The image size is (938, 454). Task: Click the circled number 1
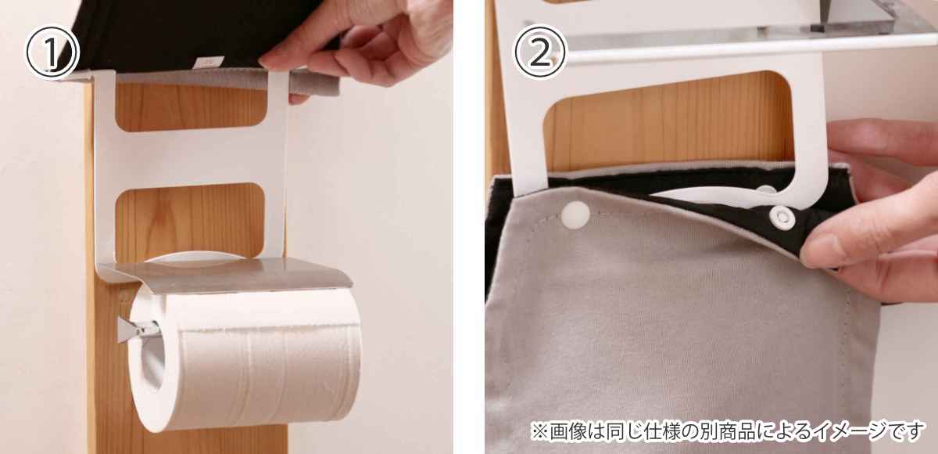(x=52, y=52)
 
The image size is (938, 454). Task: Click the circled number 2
(x=540, y=52)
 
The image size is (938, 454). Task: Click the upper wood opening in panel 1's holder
(x=191, y=107)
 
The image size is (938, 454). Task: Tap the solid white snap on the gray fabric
(x=576, y=215)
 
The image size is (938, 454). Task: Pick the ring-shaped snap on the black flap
(x=782, y=218)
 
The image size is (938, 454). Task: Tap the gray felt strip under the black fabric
(x=228, y=80)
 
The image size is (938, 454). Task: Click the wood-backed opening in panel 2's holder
(x=670, y=121)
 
